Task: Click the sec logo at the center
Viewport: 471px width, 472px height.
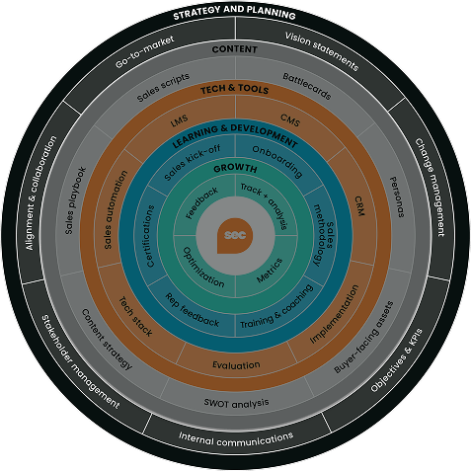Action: (x=235, y=236)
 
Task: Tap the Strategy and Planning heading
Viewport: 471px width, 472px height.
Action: (x=234, y=15)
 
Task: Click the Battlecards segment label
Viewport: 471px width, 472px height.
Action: (x=307, y=86)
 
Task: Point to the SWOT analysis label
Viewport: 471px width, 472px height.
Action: (x=237, y=402)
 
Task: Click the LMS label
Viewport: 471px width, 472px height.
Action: (x=179, y=120)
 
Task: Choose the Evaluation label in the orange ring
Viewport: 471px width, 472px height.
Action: (x=236, y=366)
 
